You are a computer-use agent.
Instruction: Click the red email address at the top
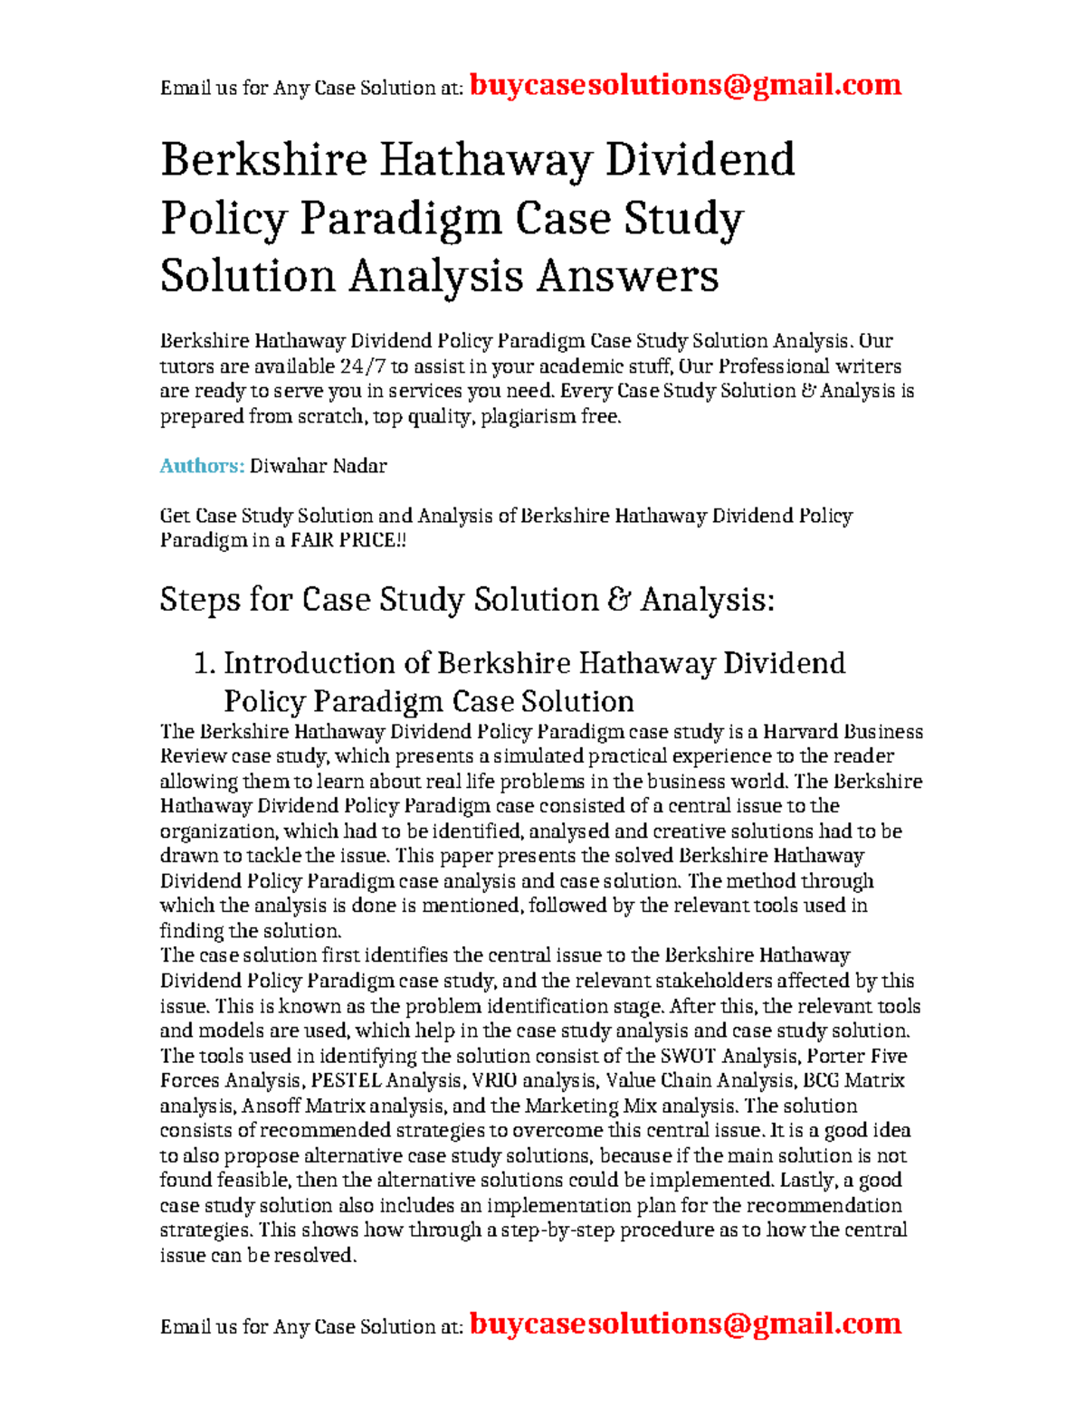(x=686, y=85)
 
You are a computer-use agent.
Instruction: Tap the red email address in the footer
(x=686, y=1324)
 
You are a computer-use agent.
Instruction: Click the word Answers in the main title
(x=627, y=275)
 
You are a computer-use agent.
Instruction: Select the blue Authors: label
(x=202, y=466)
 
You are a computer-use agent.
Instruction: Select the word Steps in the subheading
(x=199, y=600)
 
